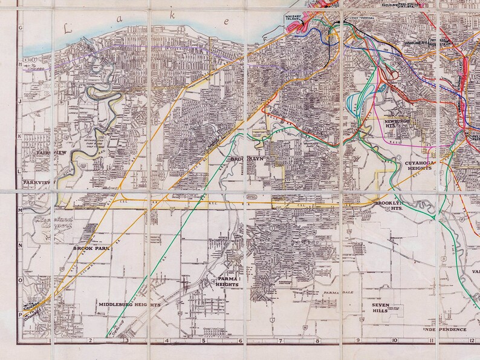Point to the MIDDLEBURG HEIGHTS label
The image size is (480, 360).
point(129,305)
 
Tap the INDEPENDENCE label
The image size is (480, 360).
point(444,329)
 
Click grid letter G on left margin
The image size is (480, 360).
point(21,28)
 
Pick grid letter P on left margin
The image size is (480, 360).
point(21,307)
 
